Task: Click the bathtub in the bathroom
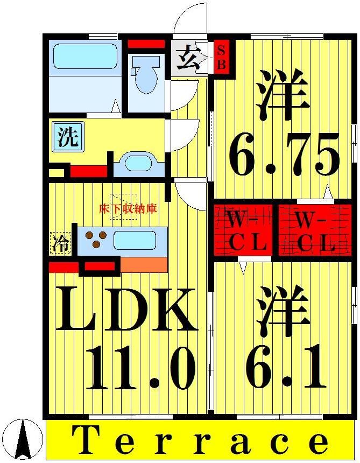85,56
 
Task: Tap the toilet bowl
145,75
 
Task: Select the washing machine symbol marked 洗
68,137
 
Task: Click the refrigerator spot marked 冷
61,244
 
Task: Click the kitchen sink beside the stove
135,240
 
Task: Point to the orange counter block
144,265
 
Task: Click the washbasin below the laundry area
139,163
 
